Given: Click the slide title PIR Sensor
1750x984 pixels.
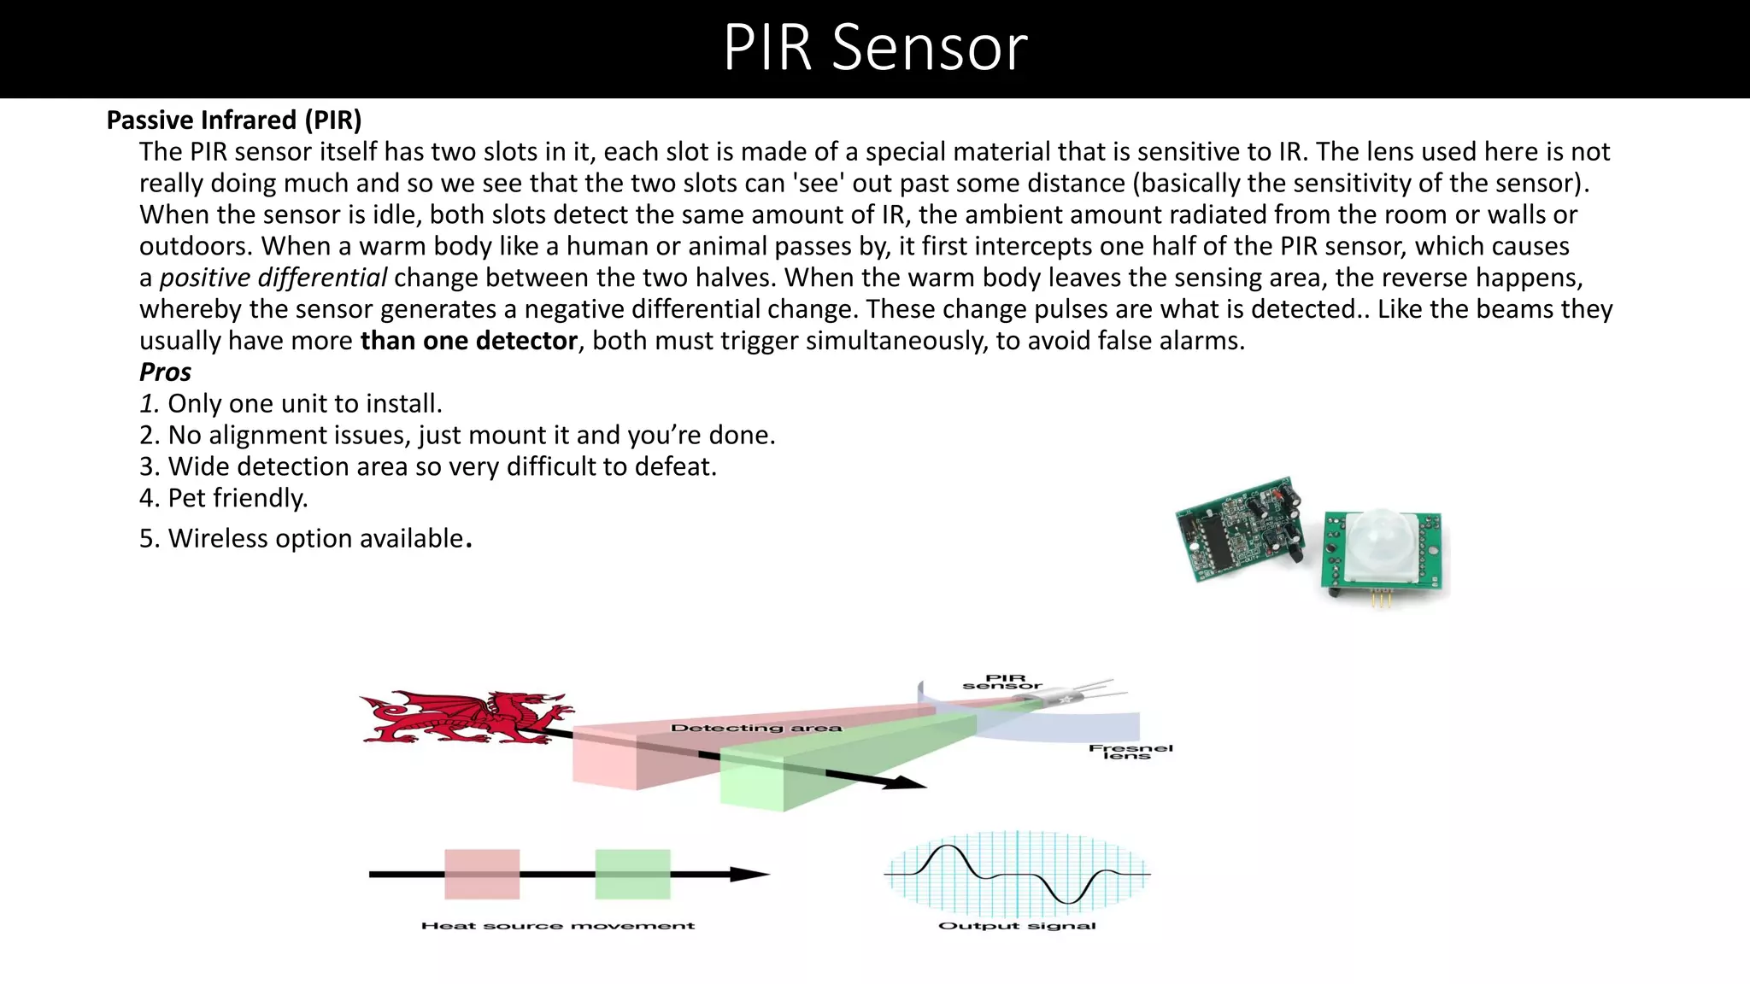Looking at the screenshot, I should click(x=875, y=48).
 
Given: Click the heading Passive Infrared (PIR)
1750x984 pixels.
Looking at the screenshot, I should click(x=234, y=120).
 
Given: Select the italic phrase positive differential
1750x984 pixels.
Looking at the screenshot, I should click(x=273, y=278).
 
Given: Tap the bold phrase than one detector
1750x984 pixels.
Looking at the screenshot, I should click(x=469, y=341).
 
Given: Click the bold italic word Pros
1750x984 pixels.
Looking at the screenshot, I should click(x=165, y=372).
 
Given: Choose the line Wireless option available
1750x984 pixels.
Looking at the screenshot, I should click(x=305, y=538).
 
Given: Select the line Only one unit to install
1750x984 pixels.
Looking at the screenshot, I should click(x=291, y=403).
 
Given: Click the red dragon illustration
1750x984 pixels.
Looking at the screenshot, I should click(x=466, y=717).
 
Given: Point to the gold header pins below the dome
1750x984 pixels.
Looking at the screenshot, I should click(x=1381, y=599).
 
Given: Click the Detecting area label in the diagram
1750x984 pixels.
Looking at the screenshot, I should click(x=756, y=728).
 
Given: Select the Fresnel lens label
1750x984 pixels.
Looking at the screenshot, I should click(x=1130, y=752).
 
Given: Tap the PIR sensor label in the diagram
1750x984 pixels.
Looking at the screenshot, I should click(x=1003, y=682).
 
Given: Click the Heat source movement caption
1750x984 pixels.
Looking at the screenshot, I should click(x=558, y=925).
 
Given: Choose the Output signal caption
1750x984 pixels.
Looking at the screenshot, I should click(x=1017, y=925).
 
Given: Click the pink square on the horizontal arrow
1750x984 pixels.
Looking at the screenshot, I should click(x=482, y=874).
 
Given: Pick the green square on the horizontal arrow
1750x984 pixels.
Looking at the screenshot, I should click(x=632, y=874).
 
